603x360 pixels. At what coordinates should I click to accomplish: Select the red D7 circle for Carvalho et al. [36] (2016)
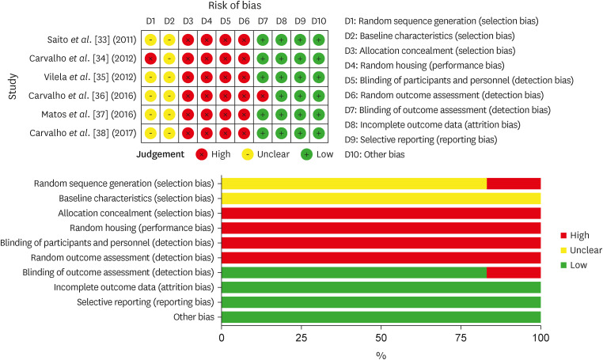263,95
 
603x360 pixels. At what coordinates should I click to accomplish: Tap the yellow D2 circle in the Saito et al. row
169,40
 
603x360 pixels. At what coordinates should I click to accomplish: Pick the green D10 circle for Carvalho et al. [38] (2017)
319,132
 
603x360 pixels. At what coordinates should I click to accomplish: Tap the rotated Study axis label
12,85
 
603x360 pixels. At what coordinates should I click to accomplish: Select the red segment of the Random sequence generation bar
513,184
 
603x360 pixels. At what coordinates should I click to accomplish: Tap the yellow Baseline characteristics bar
381,199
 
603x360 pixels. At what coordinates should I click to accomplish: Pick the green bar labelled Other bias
381,317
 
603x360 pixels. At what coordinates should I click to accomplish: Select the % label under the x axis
381,354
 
